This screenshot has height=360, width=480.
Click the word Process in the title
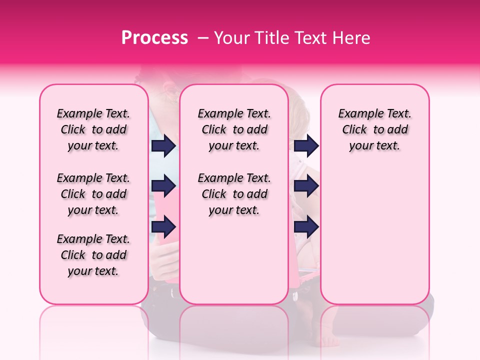point(154,38)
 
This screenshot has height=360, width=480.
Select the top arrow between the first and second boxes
point(163,145)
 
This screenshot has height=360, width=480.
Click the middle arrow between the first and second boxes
point(163,186)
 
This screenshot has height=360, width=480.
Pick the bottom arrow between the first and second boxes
point(163,227)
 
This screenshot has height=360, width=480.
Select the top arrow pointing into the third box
point(306,145)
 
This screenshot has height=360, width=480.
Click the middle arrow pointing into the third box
point(306,186)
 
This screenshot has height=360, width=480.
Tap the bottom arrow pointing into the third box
point(306,227)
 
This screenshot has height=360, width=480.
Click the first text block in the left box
point(93,129)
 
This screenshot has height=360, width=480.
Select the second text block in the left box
point(93,194)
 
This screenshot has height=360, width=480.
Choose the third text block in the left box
point(93,255)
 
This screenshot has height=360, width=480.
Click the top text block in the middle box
point(234,129)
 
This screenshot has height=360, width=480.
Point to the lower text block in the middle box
point(234,194)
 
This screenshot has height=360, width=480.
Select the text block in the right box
point(374,129)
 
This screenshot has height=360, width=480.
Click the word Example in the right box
point(356,114)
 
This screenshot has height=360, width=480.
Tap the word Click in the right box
point(354,130)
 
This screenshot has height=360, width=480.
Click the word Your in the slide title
point(230,38)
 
